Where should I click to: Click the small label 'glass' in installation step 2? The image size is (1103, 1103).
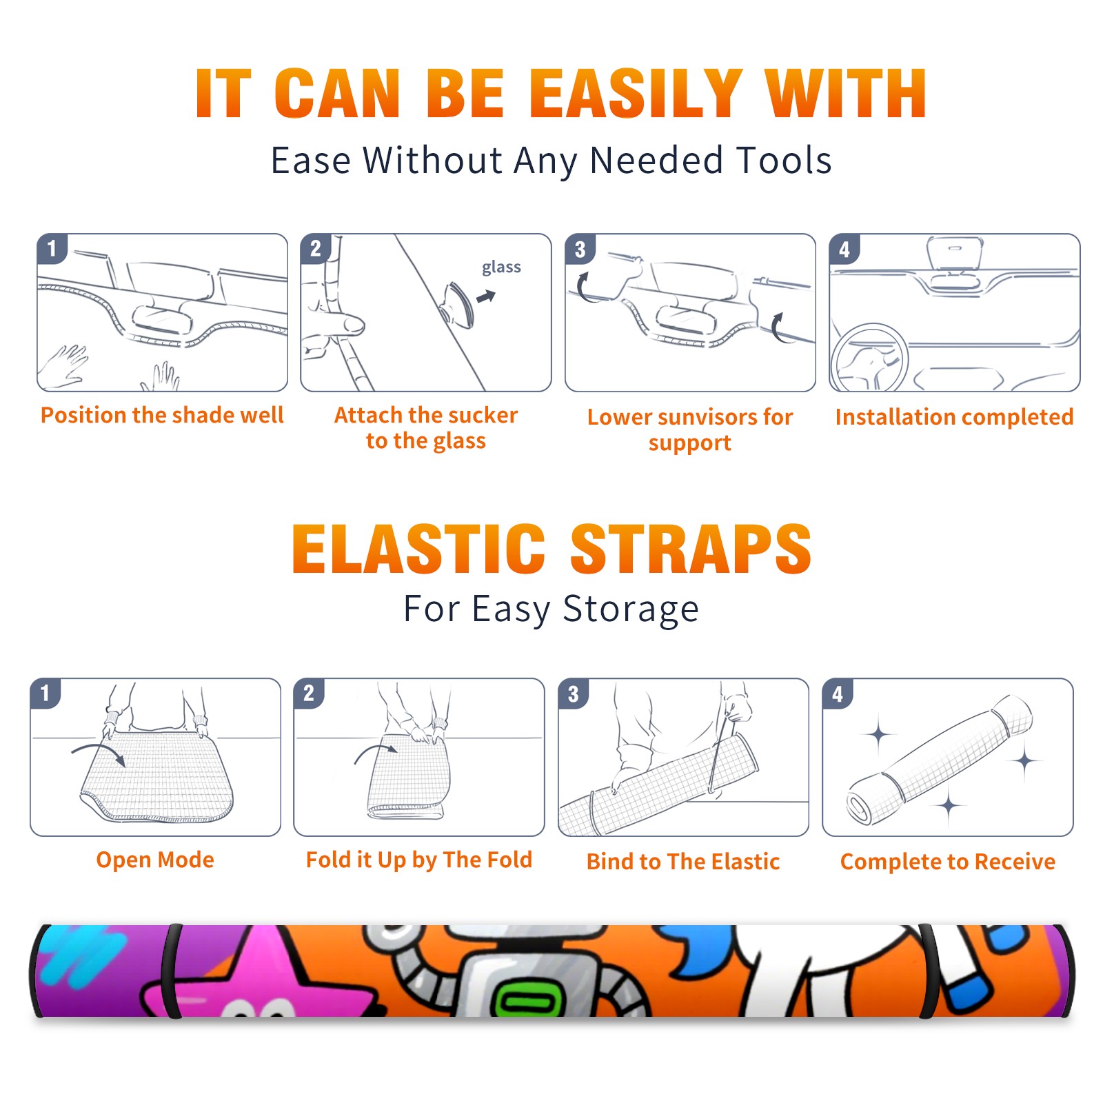tap(501, 267)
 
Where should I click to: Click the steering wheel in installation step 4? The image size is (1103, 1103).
tap(870, 358)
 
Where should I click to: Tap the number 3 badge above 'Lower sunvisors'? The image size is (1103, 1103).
tap(580, 249)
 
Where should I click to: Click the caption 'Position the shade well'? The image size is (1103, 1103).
tap(162, 415)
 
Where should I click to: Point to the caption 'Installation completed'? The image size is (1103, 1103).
tap(954, 417)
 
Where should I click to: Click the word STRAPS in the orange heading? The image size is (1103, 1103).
tap(691, 549)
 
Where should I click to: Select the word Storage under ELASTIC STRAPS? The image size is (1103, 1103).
tap(631, 609)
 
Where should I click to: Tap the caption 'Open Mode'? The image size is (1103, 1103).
tap(155, 860)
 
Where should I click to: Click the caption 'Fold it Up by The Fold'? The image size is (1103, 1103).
tap(419, 860)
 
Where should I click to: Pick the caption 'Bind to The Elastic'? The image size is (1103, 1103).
tap(683, 862)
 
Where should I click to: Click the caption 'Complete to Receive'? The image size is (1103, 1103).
tap(948, 862)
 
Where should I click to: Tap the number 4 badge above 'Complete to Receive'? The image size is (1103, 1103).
tap(838, 694)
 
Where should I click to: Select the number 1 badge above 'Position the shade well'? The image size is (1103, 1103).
tap(52, 247)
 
